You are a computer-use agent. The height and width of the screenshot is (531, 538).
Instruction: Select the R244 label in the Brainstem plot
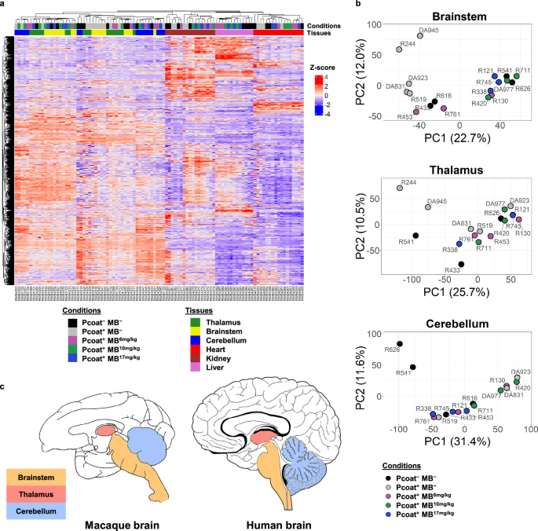tap(408, 43)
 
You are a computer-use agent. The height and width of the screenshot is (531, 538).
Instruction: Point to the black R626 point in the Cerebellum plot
tap(399, 344)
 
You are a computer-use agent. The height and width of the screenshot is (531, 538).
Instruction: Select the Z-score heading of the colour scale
tap(319, 68)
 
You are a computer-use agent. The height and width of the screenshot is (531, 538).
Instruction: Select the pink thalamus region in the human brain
tap(268, 434)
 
